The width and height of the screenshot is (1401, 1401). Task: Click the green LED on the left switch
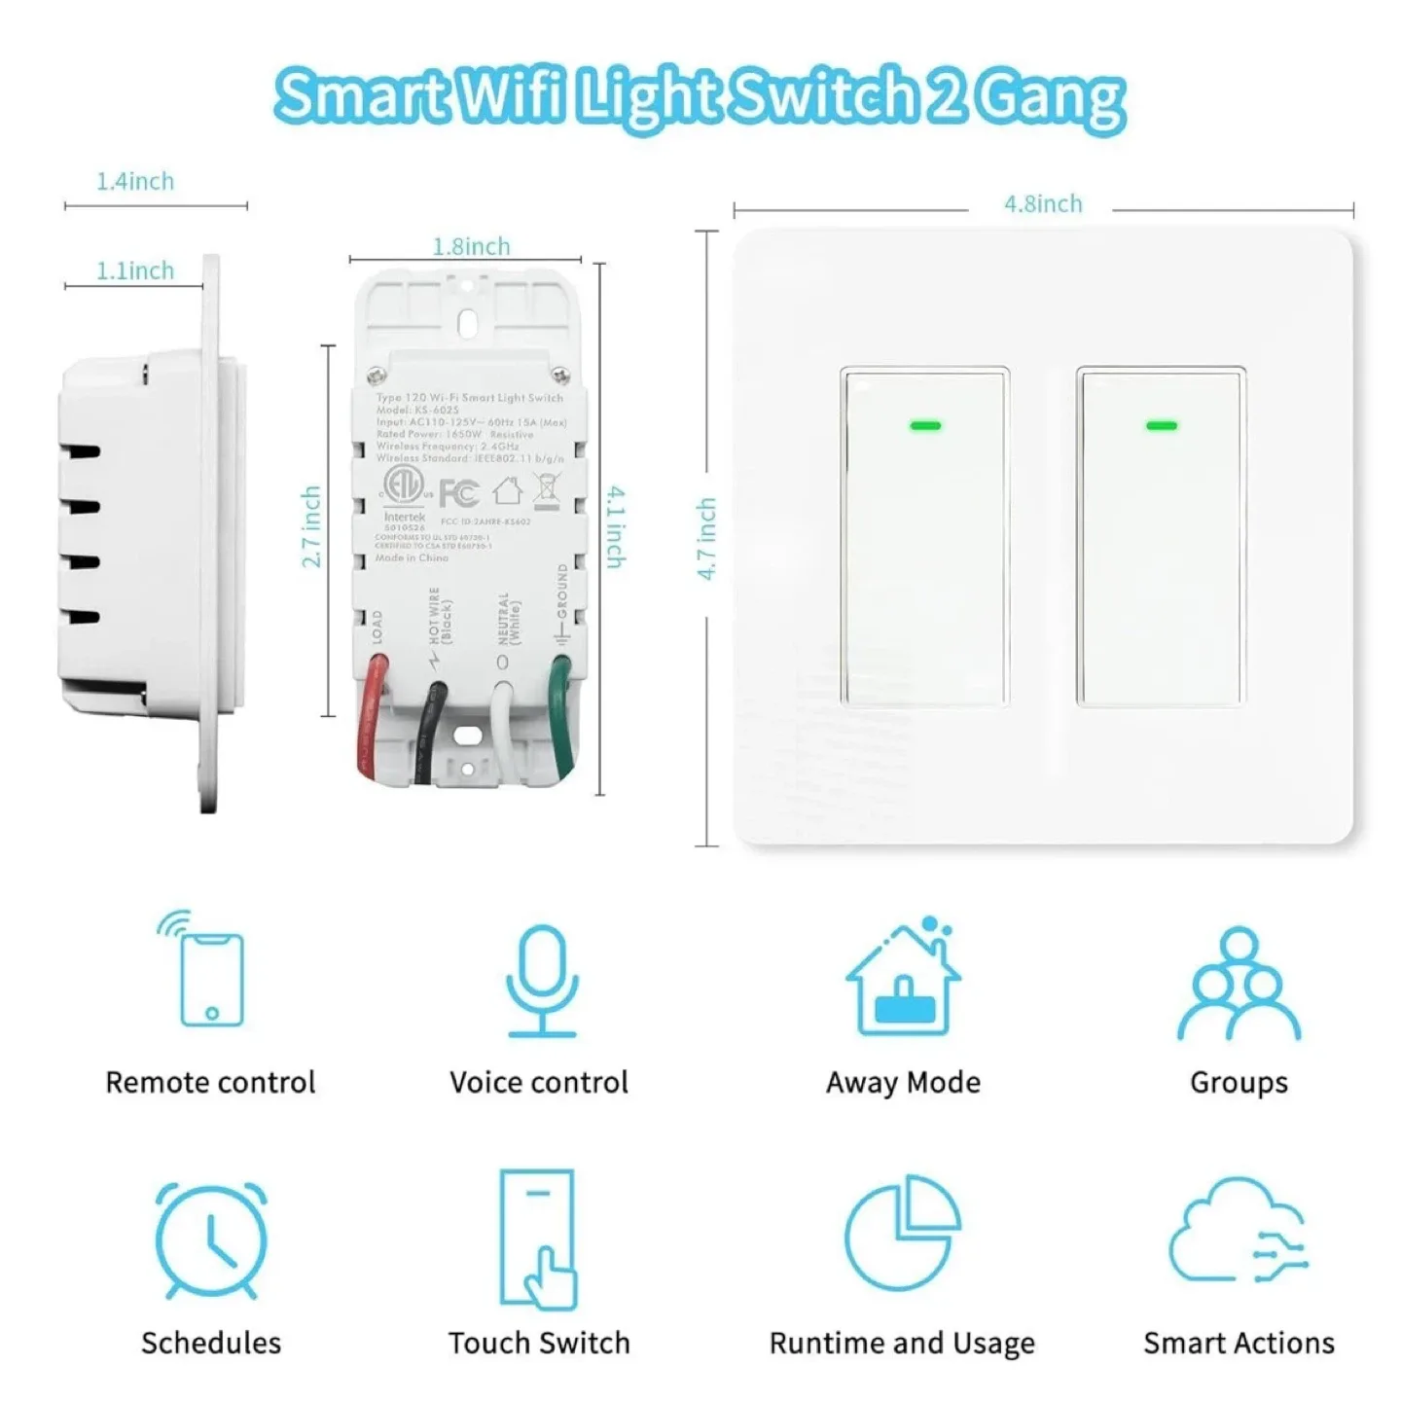point(925,425)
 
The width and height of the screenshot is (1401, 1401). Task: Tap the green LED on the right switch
point(1162,425)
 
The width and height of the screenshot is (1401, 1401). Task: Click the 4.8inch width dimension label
point(1043,204)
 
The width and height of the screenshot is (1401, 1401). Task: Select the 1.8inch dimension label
point(471,247)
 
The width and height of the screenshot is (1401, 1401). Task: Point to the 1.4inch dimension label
point(135,182)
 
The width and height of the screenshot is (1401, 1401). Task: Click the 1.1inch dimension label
point(135,271)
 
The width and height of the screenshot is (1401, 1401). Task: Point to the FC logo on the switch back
point(458,493)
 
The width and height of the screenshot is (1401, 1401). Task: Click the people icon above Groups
point(1239,983)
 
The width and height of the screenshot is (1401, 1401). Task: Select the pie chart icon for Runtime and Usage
point(903,1232)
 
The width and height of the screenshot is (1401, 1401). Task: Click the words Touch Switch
point(539,1344)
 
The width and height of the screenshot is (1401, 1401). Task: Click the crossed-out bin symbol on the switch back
point(547,489)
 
